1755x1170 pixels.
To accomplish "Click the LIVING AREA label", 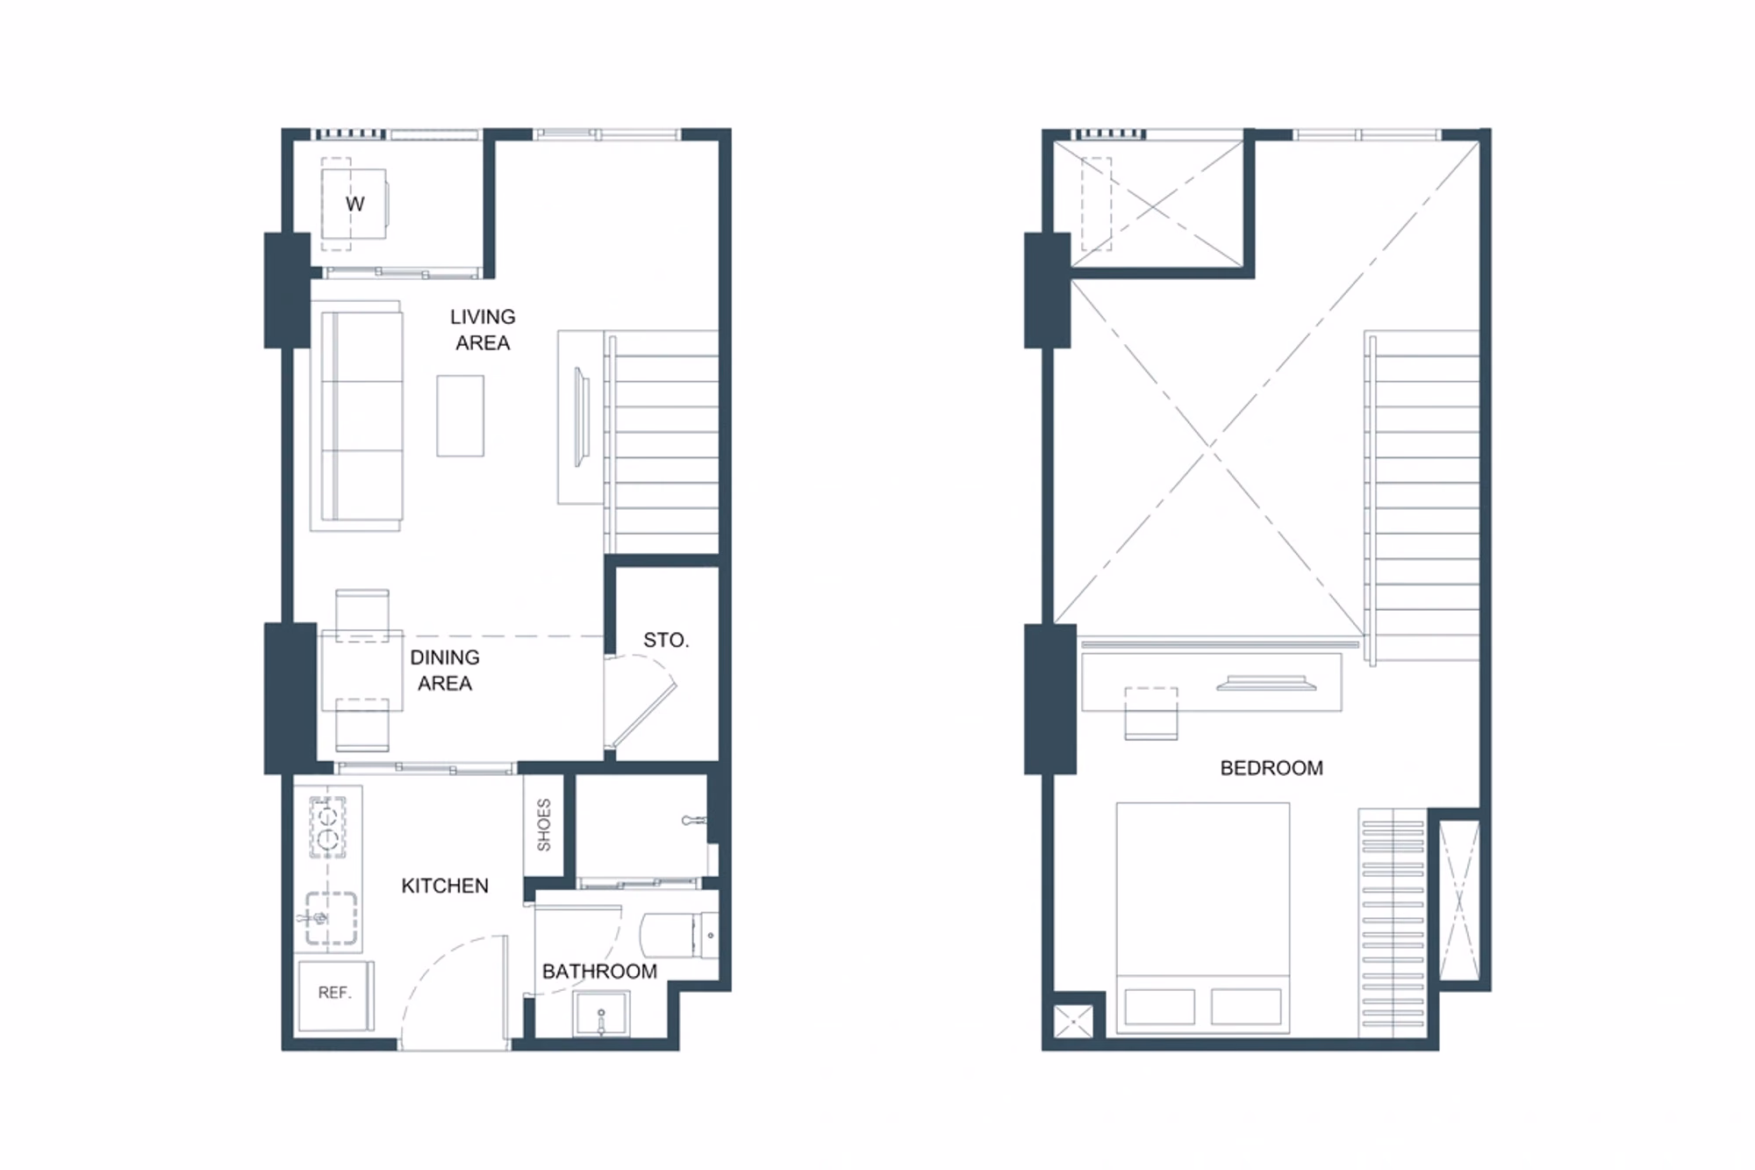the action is [x=483, y=329].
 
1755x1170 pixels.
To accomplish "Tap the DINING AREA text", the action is [x=445, y=670].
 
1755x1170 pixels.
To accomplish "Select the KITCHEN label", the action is [x=445, y=886].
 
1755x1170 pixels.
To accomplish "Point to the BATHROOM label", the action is [x=599, y=971].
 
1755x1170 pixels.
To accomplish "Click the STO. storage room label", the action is [x=666, y=640].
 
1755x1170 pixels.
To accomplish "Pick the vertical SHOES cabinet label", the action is [x=544, y=825].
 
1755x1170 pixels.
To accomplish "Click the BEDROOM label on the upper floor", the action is [x=1271, y=768].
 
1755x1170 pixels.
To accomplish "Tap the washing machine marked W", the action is [x=354, y=204].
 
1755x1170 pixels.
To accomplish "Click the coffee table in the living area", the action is [x=461, y=415].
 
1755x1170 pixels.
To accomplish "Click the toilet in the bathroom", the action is [x=679, y=936].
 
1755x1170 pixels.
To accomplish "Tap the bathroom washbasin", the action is [x=601, y=1015].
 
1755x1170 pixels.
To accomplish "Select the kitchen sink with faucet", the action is [x=330, y=919].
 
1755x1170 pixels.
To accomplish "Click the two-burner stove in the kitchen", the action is [x=328, y=827].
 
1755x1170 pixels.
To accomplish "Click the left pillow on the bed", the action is [x=1159, y=1007].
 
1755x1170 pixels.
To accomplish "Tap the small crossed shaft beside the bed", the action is [x=1074, y=1022].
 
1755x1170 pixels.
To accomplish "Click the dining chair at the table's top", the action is [x=362, y=615].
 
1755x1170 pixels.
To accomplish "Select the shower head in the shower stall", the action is [x=694, y=821].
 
